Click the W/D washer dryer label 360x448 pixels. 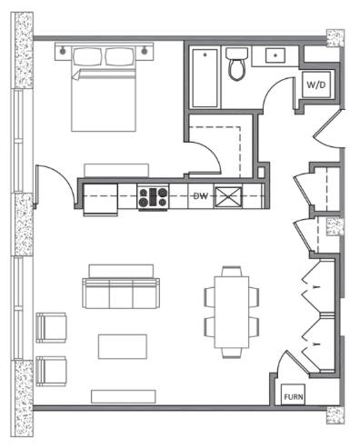click(x=315, y=85)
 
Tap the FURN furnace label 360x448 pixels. click(x=293, y=396)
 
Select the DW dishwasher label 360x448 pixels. click(x=201, y=196)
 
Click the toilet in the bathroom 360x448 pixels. click(x=236, y=64)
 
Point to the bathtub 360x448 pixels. click(x=205, y=78)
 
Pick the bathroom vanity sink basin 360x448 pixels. click(x=275, y=55)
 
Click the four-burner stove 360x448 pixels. click(x=153, y=197)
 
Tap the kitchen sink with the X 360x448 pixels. click(x=228, y=197)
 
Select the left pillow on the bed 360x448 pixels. click(x=87, y=56)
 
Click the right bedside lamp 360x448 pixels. click(x=145, y=50)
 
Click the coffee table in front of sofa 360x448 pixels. click(x=123, y=346)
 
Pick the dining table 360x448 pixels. click(x=232, y=312)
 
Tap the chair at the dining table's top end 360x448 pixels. click(x=232, y=271)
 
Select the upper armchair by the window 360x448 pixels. click(x=51, y=328)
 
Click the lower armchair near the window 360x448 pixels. click(x=51, y=371)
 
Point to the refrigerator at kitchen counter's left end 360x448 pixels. click(x=100, y=200)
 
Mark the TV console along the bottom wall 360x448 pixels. click(x=124, y=396)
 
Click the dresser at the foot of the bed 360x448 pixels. click(x=116, y=171)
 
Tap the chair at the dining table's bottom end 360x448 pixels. click(x=232, y=353)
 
